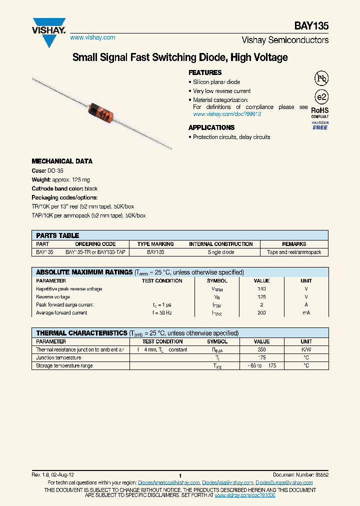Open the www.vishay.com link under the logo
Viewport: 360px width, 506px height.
[92, 37]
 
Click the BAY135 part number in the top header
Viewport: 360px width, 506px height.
[314, 26]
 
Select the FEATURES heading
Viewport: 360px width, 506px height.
[205, 72]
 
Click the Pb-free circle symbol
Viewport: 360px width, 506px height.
[320, 78]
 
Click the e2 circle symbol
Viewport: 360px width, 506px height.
[320, 97]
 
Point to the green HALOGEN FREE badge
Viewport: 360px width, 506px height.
[320, 125]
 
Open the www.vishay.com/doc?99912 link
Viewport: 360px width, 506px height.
[227, 114]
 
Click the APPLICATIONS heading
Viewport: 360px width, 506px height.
[211, 127]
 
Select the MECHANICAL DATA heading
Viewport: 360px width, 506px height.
[62, 161]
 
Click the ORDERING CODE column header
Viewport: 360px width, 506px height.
[97, 244]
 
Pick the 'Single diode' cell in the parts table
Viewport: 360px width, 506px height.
[221, 252]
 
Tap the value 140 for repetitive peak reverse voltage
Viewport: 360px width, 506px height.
[261, 289]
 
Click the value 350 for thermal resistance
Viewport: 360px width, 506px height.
[261, 350]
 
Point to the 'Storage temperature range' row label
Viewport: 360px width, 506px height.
[64, 366]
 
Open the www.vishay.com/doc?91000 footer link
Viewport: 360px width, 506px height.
[245, 494]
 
